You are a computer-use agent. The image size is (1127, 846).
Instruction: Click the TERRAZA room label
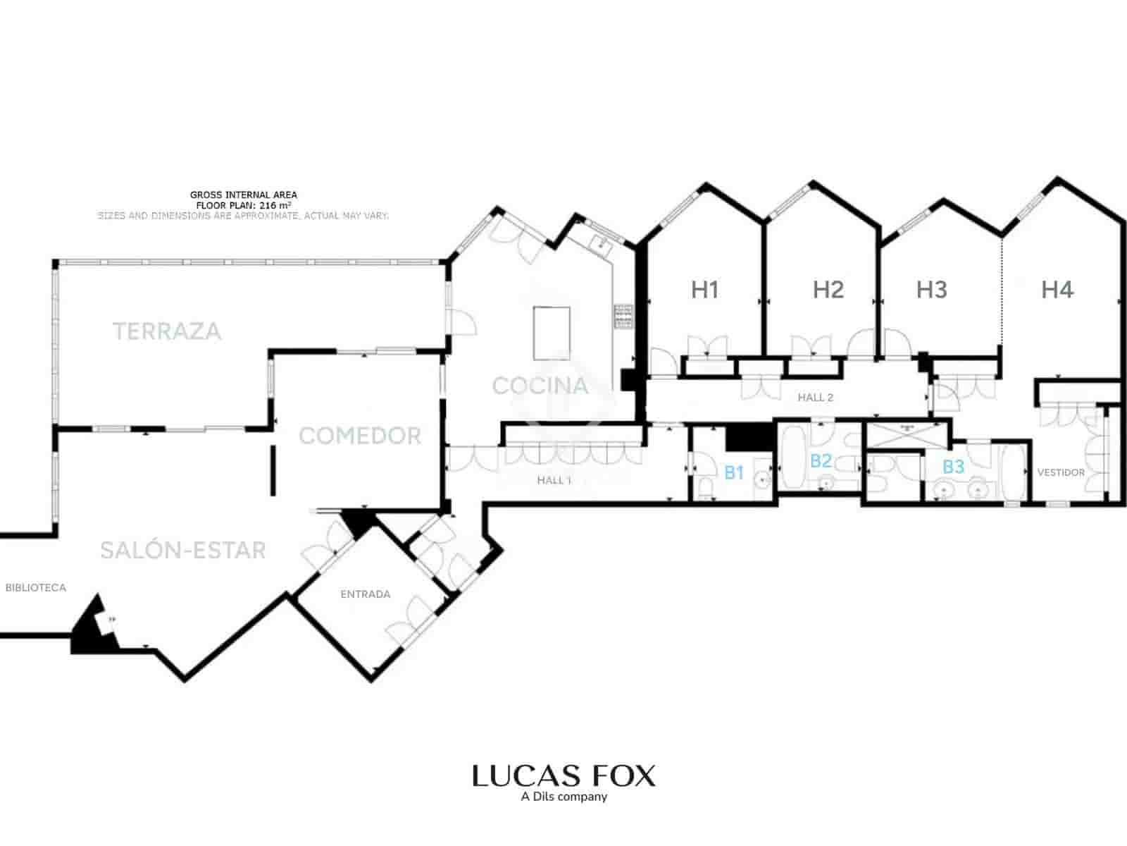[168, 331]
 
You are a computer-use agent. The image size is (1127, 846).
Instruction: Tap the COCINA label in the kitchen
[540, 386]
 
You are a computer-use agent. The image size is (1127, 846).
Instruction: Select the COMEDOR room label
[360, 436]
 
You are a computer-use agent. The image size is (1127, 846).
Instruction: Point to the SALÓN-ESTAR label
[183, 550]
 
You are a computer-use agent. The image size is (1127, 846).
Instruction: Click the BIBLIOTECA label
[35, 587]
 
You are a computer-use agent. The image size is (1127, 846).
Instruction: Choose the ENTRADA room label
[365, 594]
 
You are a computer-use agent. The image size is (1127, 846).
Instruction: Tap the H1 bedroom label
[704, 289]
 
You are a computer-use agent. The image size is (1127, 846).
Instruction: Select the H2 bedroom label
[828, 289]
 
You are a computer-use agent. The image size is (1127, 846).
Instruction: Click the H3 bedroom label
[931, 289]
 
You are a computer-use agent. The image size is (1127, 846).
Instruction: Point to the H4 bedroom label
[1057, 289]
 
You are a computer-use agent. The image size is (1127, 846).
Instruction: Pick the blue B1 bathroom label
[734, 472]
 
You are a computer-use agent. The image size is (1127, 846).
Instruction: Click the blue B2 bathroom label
[821, 461]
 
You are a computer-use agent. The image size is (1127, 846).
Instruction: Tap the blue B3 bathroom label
[953, 466]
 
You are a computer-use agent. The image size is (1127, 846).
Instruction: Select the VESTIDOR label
[1061, 472]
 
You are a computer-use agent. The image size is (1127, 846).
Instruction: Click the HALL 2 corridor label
[815, 398]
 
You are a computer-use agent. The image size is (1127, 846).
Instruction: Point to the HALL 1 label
[554, 480]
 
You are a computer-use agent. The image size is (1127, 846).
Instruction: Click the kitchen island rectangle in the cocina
[552, 333]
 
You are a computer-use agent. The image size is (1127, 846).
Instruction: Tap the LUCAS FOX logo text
[563, 775]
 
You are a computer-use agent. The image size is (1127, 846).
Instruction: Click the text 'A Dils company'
[563, 797]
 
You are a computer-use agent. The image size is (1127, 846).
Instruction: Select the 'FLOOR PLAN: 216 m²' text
[244, 205]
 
